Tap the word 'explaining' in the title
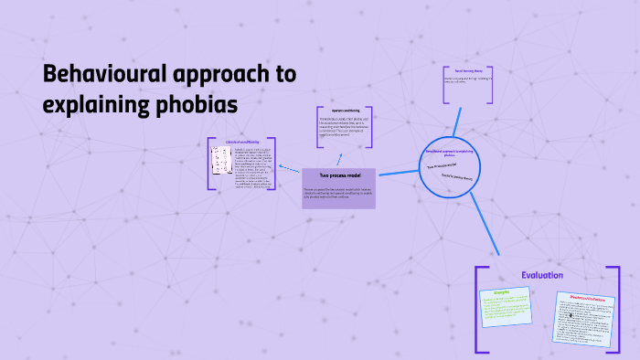91,105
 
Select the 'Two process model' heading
339,175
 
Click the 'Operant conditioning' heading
343,111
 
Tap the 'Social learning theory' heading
469,69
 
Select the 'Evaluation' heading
542,275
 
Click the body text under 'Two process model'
338,193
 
